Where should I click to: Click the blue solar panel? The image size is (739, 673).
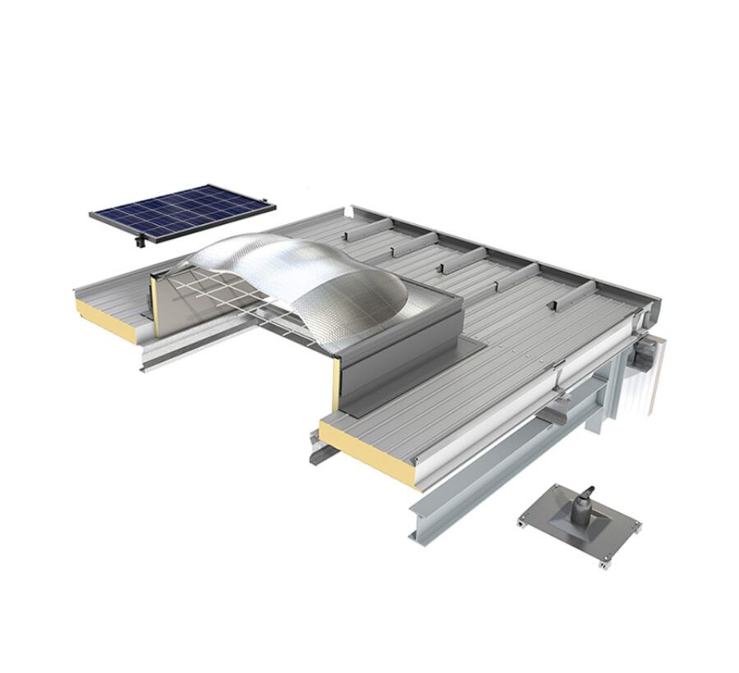[182, 211]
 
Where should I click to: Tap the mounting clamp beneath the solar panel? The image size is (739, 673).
[140, 241]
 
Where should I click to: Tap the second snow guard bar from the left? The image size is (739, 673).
[415, 245]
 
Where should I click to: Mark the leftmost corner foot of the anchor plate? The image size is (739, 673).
[523, 519]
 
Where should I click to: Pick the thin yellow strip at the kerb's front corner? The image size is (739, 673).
[336, 386]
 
